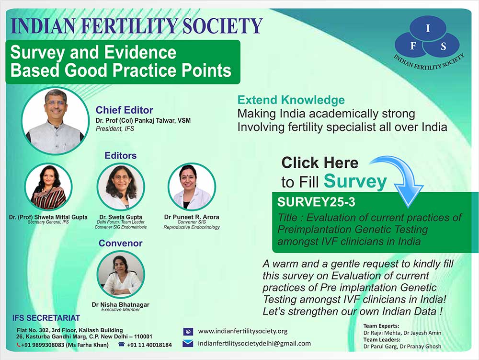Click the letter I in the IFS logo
pyautogui.click(x=428, y=28)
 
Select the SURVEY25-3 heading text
pyautogui.click(x=316, y=202)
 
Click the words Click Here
pyautogui.click(x=320, y=163)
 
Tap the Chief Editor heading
pyautogui.click(x=125, y=110)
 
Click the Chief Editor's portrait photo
pyautogui.click(x=55, y=121)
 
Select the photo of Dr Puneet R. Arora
pyautogui.click(x=192, y=187)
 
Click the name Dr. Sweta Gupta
pyautogui.click(x=121, y=217)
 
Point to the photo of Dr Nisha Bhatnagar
pyautogui.click(x=121, y=274)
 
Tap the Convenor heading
pyautogui.click(x=120, y=243)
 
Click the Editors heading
pyautogui.click(x=120, y=155)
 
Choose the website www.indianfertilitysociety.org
pyautogui.click(x=243, y=331)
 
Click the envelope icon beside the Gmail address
pyautogui.click(x=188, y=344)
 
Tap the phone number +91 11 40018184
pyautogui.click(x=149, y=345)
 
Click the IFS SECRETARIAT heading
pyautogui.click(x=46, y=318)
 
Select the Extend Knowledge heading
pyautogui.click(x=291, y=100)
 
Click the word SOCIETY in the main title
pyautogui.click(x=223, y=26)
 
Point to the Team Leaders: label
pyautogui.click(x=382, y=339)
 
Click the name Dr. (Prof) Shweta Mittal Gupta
pyautogui.click(x=48, y=217)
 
